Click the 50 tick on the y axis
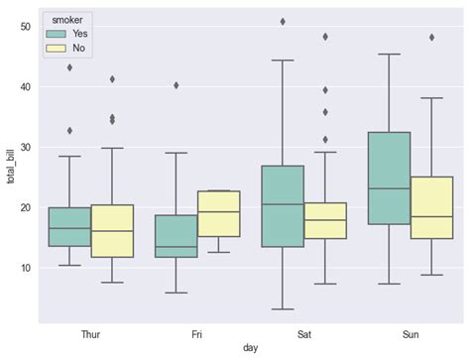25,27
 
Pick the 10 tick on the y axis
25,268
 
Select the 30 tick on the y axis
25,148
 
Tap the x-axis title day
251,350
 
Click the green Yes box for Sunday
389,179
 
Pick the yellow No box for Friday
218,213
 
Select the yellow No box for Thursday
111,231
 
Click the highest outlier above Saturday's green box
283,21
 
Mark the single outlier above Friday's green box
176,85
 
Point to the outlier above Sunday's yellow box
431,38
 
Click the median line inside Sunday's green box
389,188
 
